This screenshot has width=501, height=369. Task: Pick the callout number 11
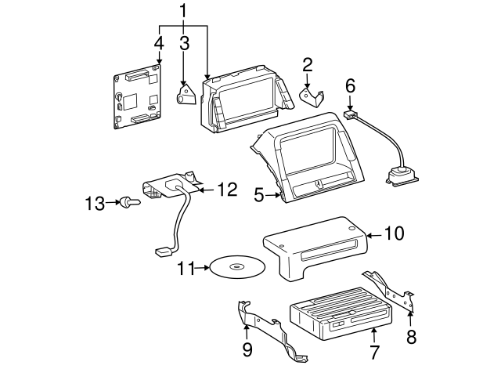point(186,268)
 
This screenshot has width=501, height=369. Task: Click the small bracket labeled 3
point(187,96)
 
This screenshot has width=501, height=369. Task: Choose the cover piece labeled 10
point(313,247)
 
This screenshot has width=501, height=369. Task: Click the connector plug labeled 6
point(351,116)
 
